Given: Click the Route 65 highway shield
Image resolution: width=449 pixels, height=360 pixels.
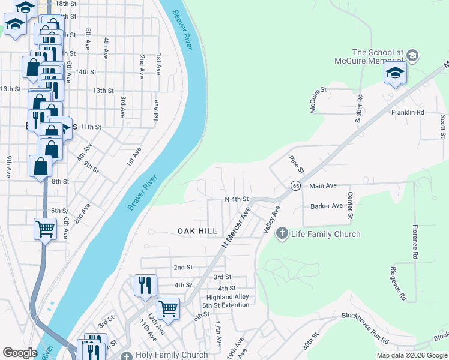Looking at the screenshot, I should [296, 186].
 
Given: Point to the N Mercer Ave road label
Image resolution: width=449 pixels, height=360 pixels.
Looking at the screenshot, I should [235, 229].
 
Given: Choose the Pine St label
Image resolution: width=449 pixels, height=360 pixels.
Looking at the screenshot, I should [294, 163].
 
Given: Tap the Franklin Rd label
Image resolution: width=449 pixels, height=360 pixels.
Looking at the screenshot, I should [408, 112].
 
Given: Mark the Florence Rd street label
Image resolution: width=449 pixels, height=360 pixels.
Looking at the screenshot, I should [414, 242].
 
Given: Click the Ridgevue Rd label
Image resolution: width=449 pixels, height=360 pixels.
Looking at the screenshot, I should [398, 284].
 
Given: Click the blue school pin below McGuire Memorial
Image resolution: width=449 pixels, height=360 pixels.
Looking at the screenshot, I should [395, 74].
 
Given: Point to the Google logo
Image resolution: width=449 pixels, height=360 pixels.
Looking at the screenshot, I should [20, 353].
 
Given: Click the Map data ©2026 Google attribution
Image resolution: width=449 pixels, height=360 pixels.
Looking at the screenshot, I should [412, 355].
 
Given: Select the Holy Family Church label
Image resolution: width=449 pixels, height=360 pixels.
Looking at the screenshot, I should [164, 355].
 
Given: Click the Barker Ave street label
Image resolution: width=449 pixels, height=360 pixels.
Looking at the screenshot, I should [327, 206].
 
